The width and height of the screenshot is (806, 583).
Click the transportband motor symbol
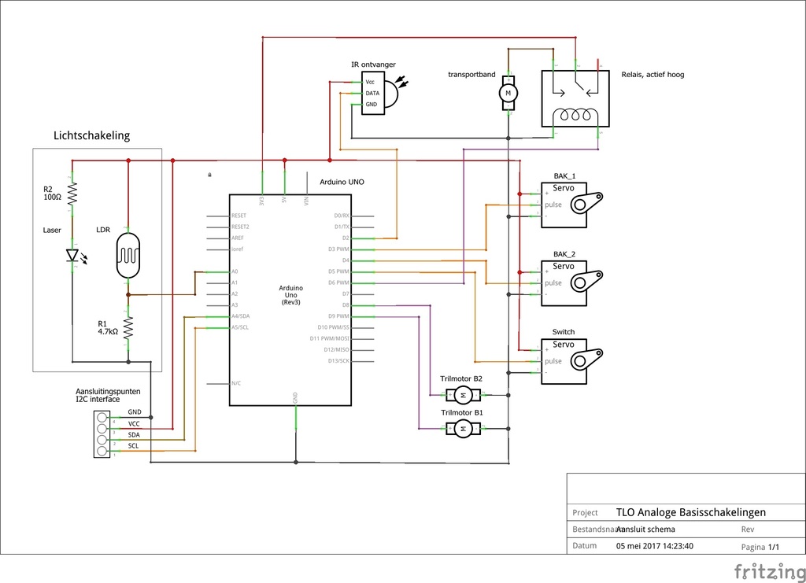click(508, 94)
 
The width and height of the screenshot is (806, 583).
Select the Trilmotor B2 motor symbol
click(464, 394)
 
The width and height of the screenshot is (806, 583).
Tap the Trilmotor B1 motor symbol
click(464, 428)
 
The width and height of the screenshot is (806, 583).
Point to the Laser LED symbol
click(73, 255)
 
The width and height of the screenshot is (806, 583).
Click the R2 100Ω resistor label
click(52, 193)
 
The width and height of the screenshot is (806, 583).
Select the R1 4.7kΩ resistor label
click(107, 327)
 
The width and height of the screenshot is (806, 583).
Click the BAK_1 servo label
click(564, 175)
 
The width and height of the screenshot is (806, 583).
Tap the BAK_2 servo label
click(564, 254)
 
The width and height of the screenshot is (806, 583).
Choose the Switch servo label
click(564, 332)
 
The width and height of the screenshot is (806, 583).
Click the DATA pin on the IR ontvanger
click(372, 93)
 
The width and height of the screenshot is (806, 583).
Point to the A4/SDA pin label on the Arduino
click(240, 316)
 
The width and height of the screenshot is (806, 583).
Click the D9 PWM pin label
click(339, 316)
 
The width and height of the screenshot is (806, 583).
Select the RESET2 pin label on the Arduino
click(241, 227)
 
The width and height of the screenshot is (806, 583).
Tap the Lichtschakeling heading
click(91, 135)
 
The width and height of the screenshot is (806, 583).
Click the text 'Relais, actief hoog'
click(653, 75)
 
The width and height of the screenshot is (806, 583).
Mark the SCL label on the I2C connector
click(134, 446)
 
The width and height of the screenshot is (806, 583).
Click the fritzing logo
click(764, 570)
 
